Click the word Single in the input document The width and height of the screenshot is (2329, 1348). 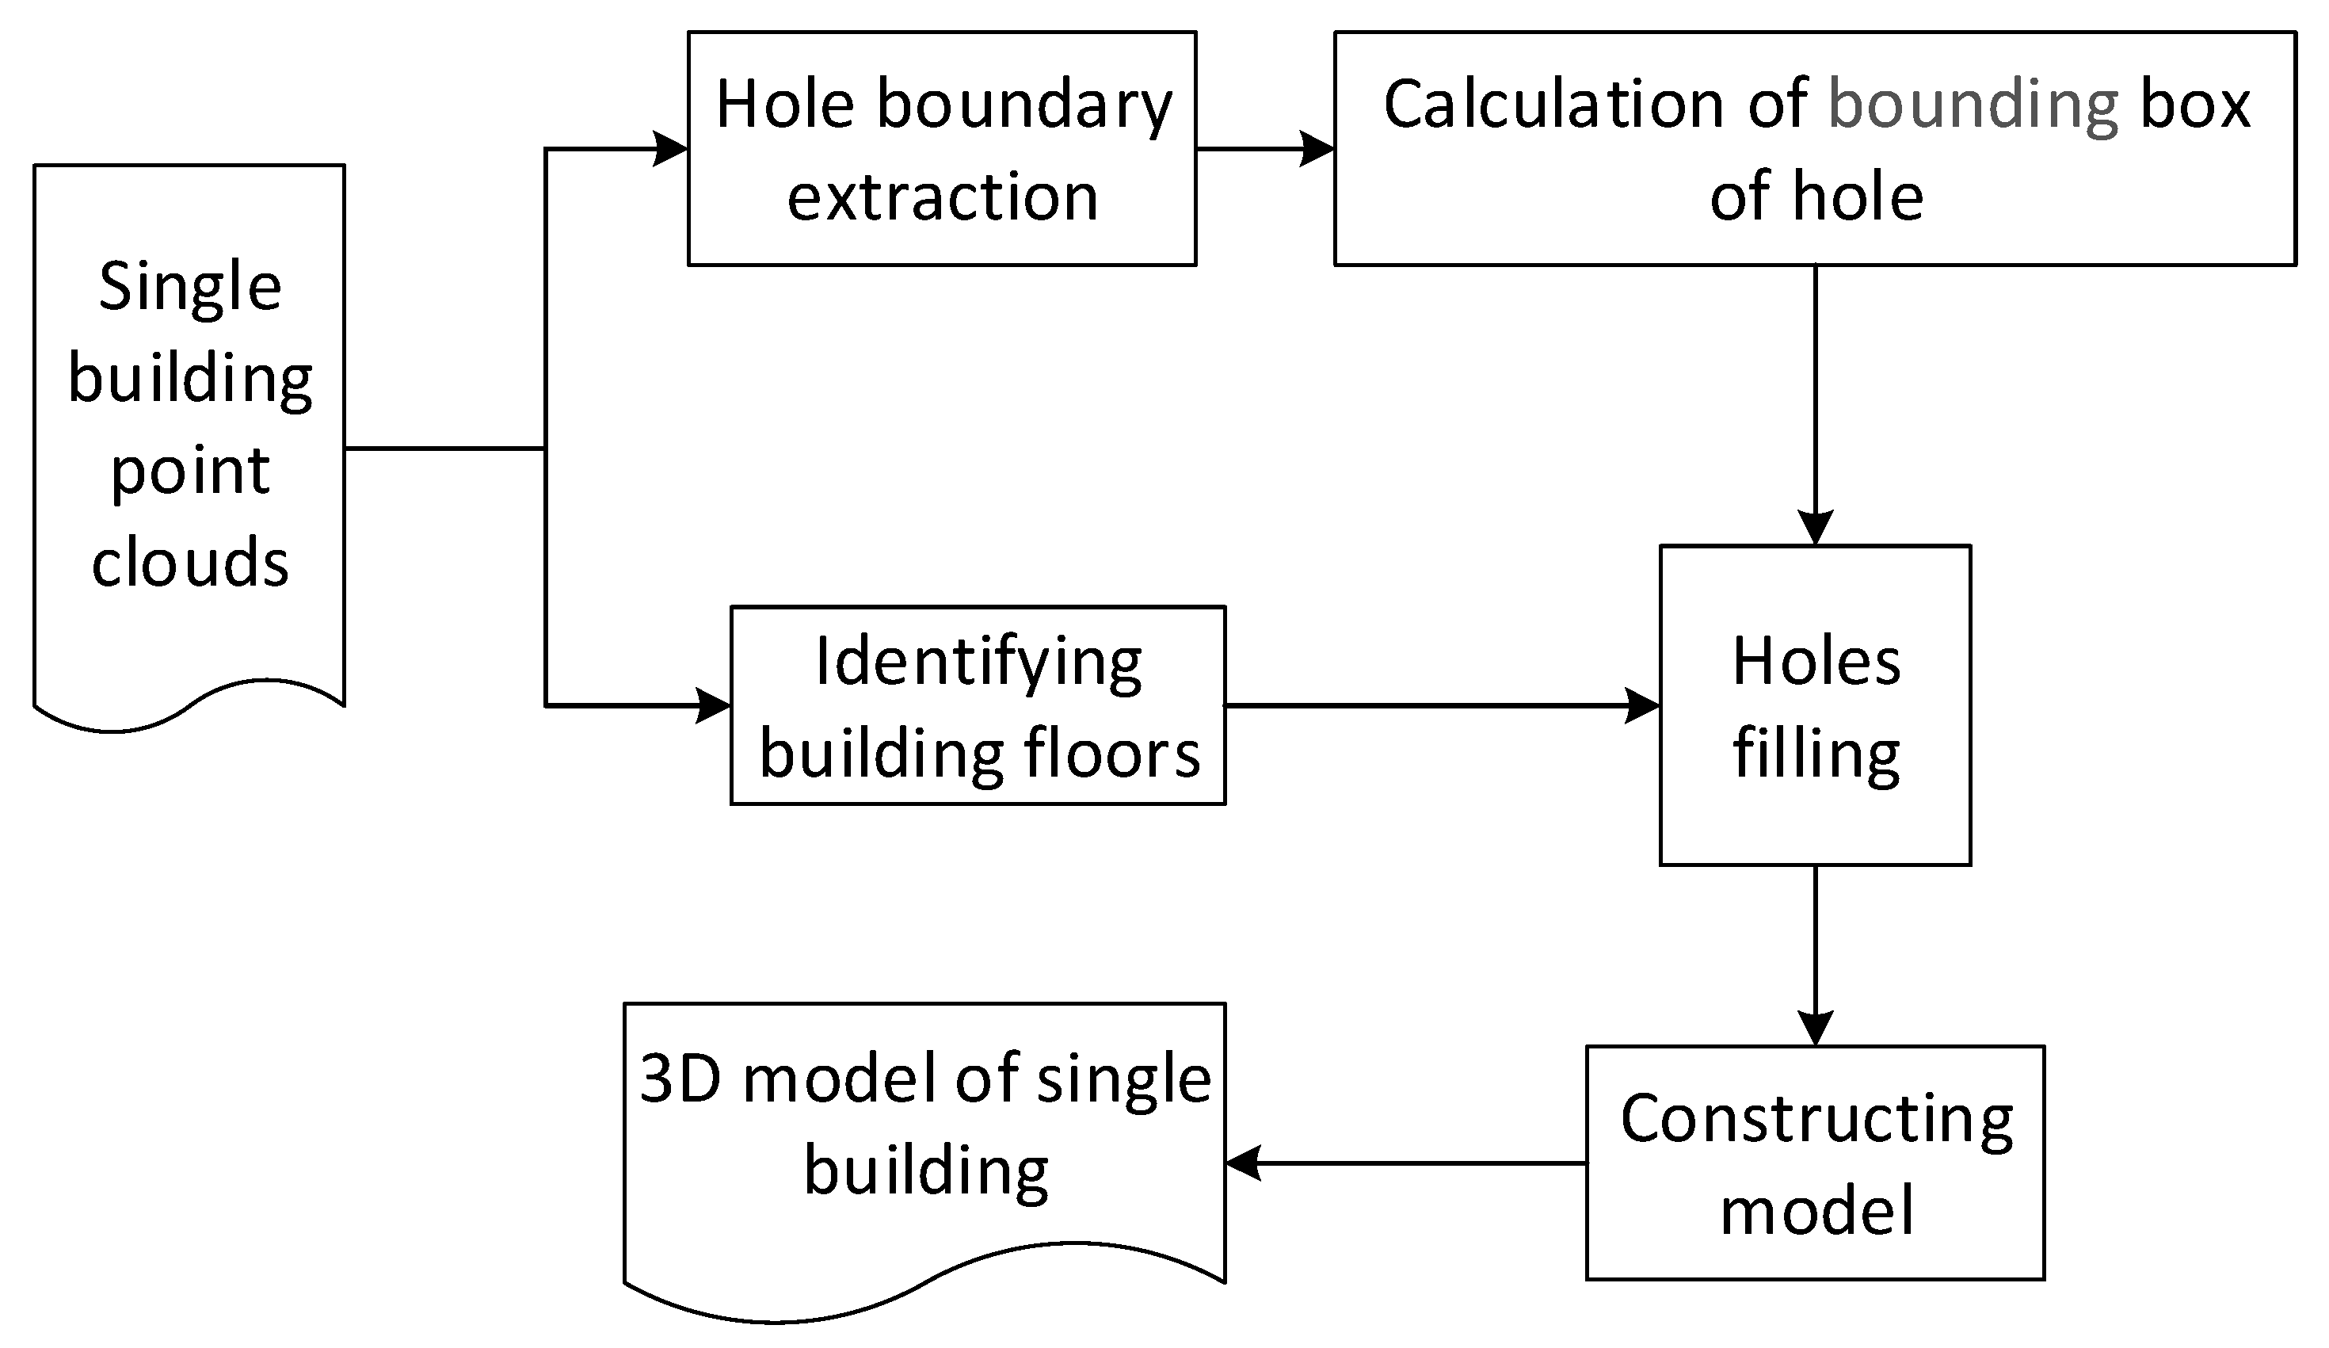click(x=189, y=287)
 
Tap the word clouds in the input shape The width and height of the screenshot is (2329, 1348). click(x=189, y=562)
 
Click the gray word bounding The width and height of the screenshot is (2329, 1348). click(x=1973, y=105)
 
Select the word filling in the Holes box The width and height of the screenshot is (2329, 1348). click(x=1815, y=754)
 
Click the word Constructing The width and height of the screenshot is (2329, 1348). click(x=1816, y=1120)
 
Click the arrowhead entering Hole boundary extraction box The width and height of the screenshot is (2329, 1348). click(x=670, y=149)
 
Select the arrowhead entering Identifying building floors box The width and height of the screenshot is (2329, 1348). click(x=713, y=705)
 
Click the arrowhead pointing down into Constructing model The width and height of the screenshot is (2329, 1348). click(x=1815, y=1027)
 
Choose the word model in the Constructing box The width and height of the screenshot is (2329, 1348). click(x=1816, y=1211)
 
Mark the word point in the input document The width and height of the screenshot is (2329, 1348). click(x=189, y=472)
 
